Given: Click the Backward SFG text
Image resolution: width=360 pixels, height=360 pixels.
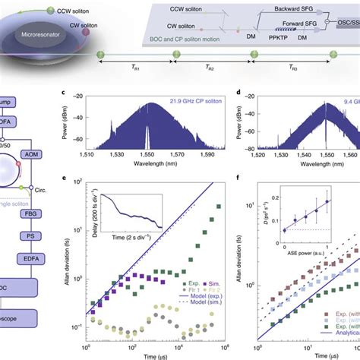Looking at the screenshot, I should coord(283,24).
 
